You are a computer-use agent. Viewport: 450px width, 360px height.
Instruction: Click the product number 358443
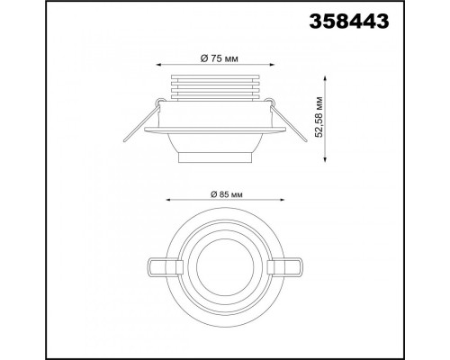tap(349, 22)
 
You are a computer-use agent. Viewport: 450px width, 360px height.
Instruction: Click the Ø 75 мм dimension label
tap(219, 58)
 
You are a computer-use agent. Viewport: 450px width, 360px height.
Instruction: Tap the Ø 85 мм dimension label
tap(226, 194)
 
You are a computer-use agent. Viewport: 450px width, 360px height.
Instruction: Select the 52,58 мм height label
tap(319, 117)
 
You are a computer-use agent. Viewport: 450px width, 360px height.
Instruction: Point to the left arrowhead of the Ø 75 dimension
tap(159, 65)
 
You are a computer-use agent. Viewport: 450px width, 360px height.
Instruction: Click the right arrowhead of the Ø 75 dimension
tap(272, 65)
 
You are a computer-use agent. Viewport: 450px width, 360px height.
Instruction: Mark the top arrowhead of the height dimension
tap(325, 78)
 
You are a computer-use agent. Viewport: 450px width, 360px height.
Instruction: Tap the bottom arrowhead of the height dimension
tap(325, 159)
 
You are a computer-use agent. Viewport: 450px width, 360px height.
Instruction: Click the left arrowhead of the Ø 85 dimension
tap(168, 200)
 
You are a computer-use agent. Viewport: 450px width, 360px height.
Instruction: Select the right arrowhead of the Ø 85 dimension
tap(282, 200)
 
